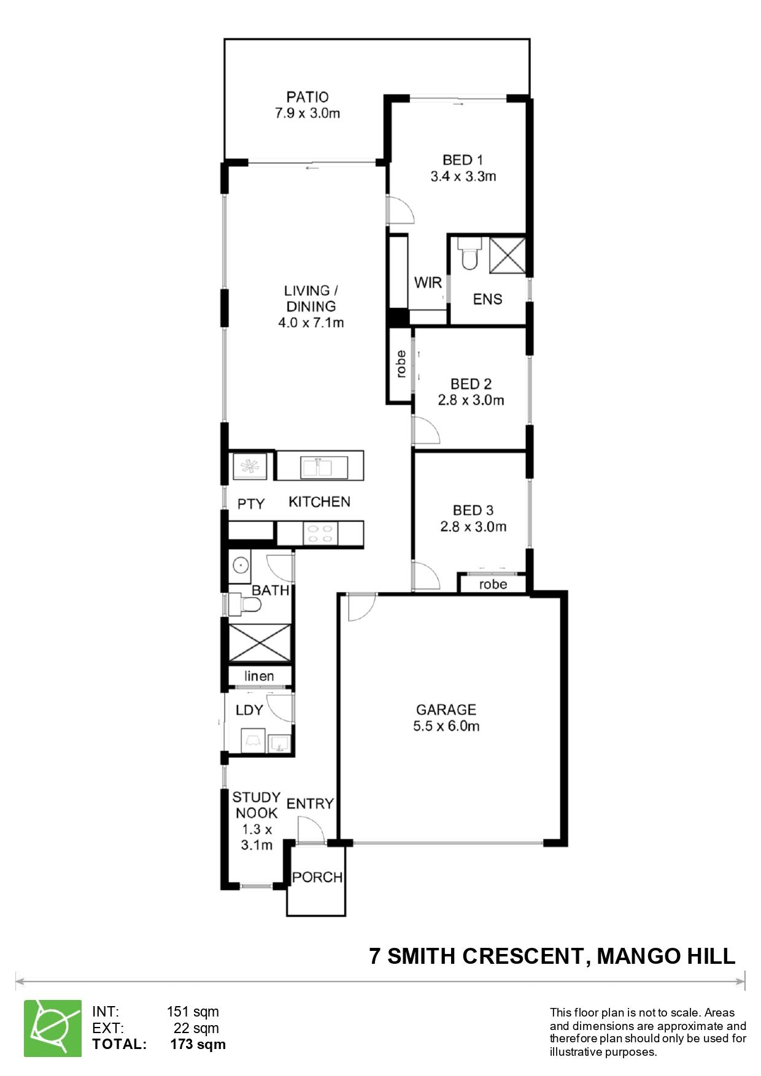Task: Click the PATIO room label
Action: coord(307,97)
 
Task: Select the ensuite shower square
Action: coord(508,256)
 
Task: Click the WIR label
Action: coord(428,283)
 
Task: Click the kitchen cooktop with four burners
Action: coord(320,532)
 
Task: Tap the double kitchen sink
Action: coord(316,468)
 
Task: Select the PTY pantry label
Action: coord(251,504)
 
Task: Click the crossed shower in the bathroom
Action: coord(259,643)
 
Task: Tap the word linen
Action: coord(259,676)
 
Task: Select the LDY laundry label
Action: coord(249,710)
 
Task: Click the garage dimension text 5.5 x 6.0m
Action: coord(446,727)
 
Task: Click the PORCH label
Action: coord(317,877)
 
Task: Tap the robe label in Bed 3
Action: coord(493,584)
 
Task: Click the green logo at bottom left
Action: coord(53,1028)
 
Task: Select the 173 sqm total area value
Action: coord(198,1044)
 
